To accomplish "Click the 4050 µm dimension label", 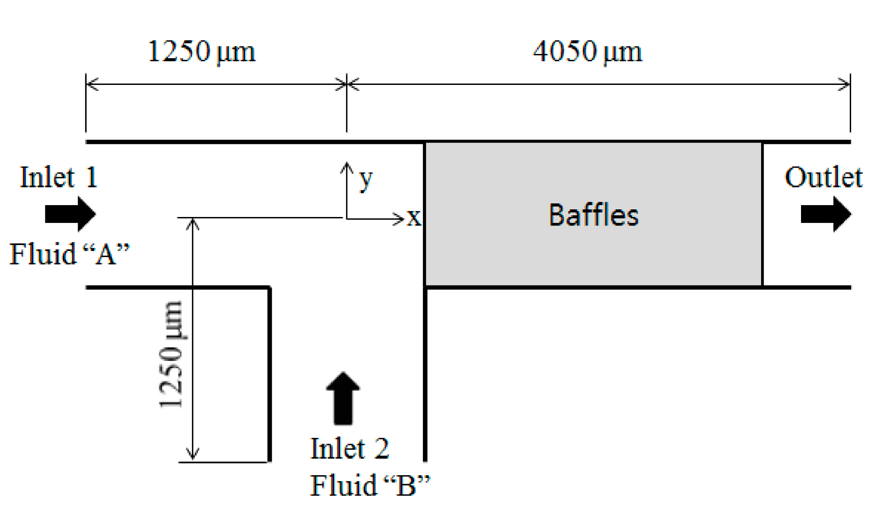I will [x=587, y=52].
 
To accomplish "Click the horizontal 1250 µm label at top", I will [x=202, y=52].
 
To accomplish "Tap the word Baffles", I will [x=593, y=215].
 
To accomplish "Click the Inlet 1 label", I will [x=59, y=177].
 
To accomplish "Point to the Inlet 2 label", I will [x=349, y=448].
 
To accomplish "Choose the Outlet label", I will [x=823, y=177].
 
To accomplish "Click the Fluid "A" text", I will [x=69, y=254].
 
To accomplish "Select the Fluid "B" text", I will [x=370, y=485].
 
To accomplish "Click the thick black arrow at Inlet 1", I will [x=70, y=214].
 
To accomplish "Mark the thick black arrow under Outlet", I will [x=826, y=214].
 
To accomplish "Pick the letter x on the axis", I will [x=414, y=218].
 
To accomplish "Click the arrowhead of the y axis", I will [x=347, y=166].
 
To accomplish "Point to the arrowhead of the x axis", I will [x=399, y=219].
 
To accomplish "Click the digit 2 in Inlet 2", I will [x=381, y=448].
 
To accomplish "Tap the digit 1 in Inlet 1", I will [x=92, y=177].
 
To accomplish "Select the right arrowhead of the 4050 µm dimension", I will [x=845, y=84].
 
